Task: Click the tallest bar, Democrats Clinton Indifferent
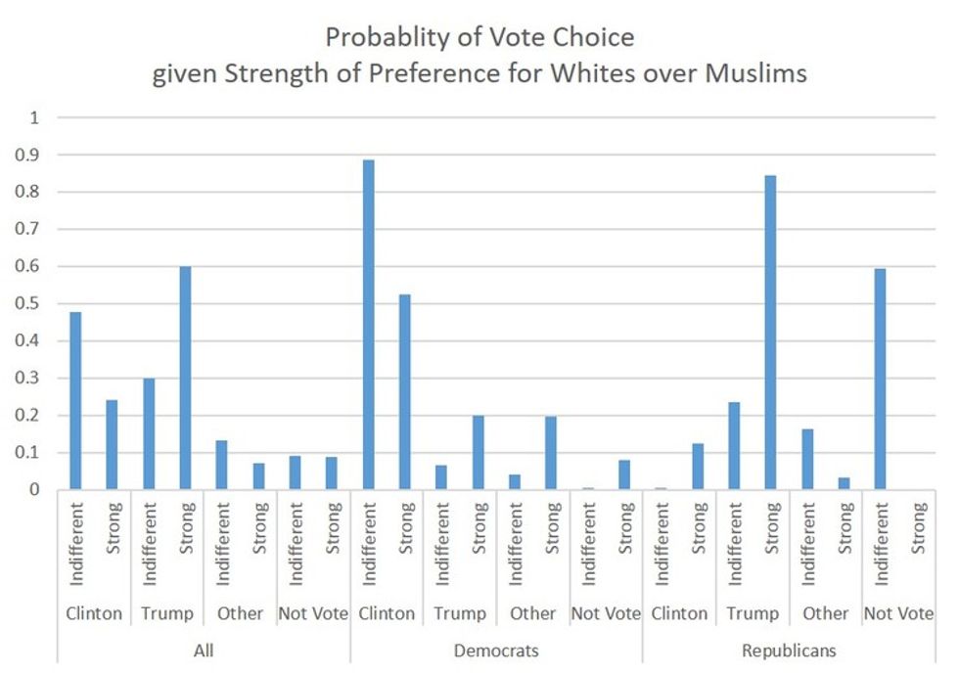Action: pyautogui.click(x=369, y=325)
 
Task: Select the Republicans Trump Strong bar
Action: pyautogui.click(x=770, y=333)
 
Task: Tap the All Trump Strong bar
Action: pyautogui.click(x=184, y=378)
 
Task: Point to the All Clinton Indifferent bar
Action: pyautogui.click(x=75, y=400)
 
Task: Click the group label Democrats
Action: pyautogui.click(x=496, y=650)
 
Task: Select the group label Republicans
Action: pyautogui.click(x=789, y=650)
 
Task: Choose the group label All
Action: pyautogui.click(x=204, y=650)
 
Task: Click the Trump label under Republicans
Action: pyautogui.click(x=753, y=613)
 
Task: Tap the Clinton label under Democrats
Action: pyautogui.click(x=387, y=613)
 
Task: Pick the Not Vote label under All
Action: pyautogui.click(x=313, y=613)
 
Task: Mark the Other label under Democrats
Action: pyautogui.click(x=532, y=613)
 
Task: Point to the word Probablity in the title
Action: pyautogui.click(x=388, y=38)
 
